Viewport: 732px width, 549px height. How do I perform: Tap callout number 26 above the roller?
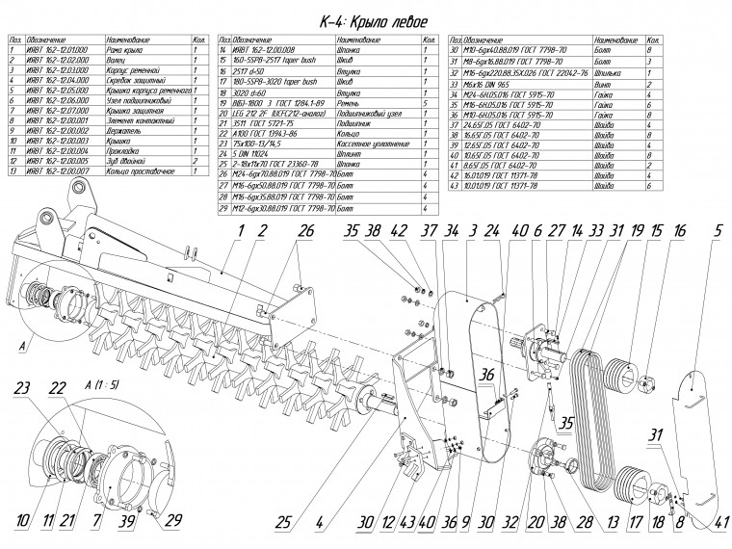coord(306,231)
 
